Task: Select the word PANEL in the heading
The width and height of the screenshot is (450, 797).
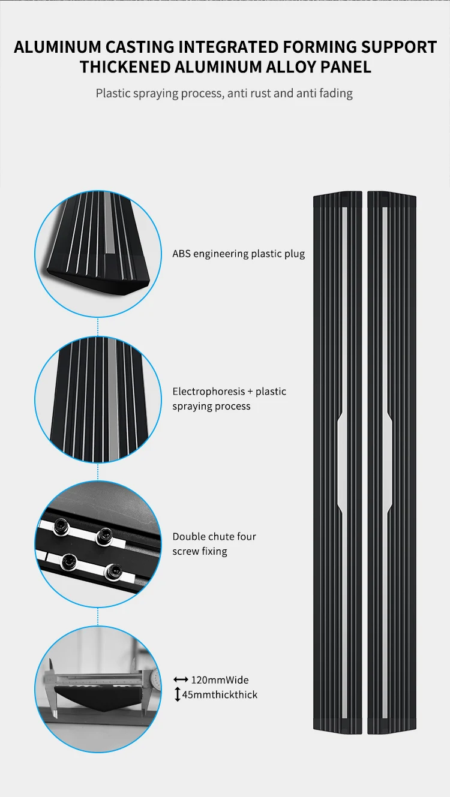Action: pyautogui.click(x=343, y=67)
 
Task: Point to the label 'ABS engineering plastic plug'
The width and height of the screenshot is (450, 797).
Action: pyautogui.click(x=238, y=254)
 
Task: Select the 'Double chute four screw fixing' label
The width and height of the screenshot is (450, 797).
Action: pyautogui.click(x=214, y=543)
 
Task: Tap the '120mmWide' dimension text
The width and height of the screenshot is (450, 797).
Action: pyautogui.click(x=220, y=680)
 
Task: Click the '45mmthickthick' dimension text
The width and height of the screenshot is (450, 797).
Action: pyautogui.click(x=220, y=694)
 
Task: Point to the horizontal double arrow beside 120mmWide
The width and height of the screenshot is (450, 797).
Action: pyautogui.click(x=181, y=680)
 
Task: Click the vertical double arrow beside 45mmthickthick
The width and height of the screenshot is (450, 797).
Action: pyautogui.click(x=178, y=694)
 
